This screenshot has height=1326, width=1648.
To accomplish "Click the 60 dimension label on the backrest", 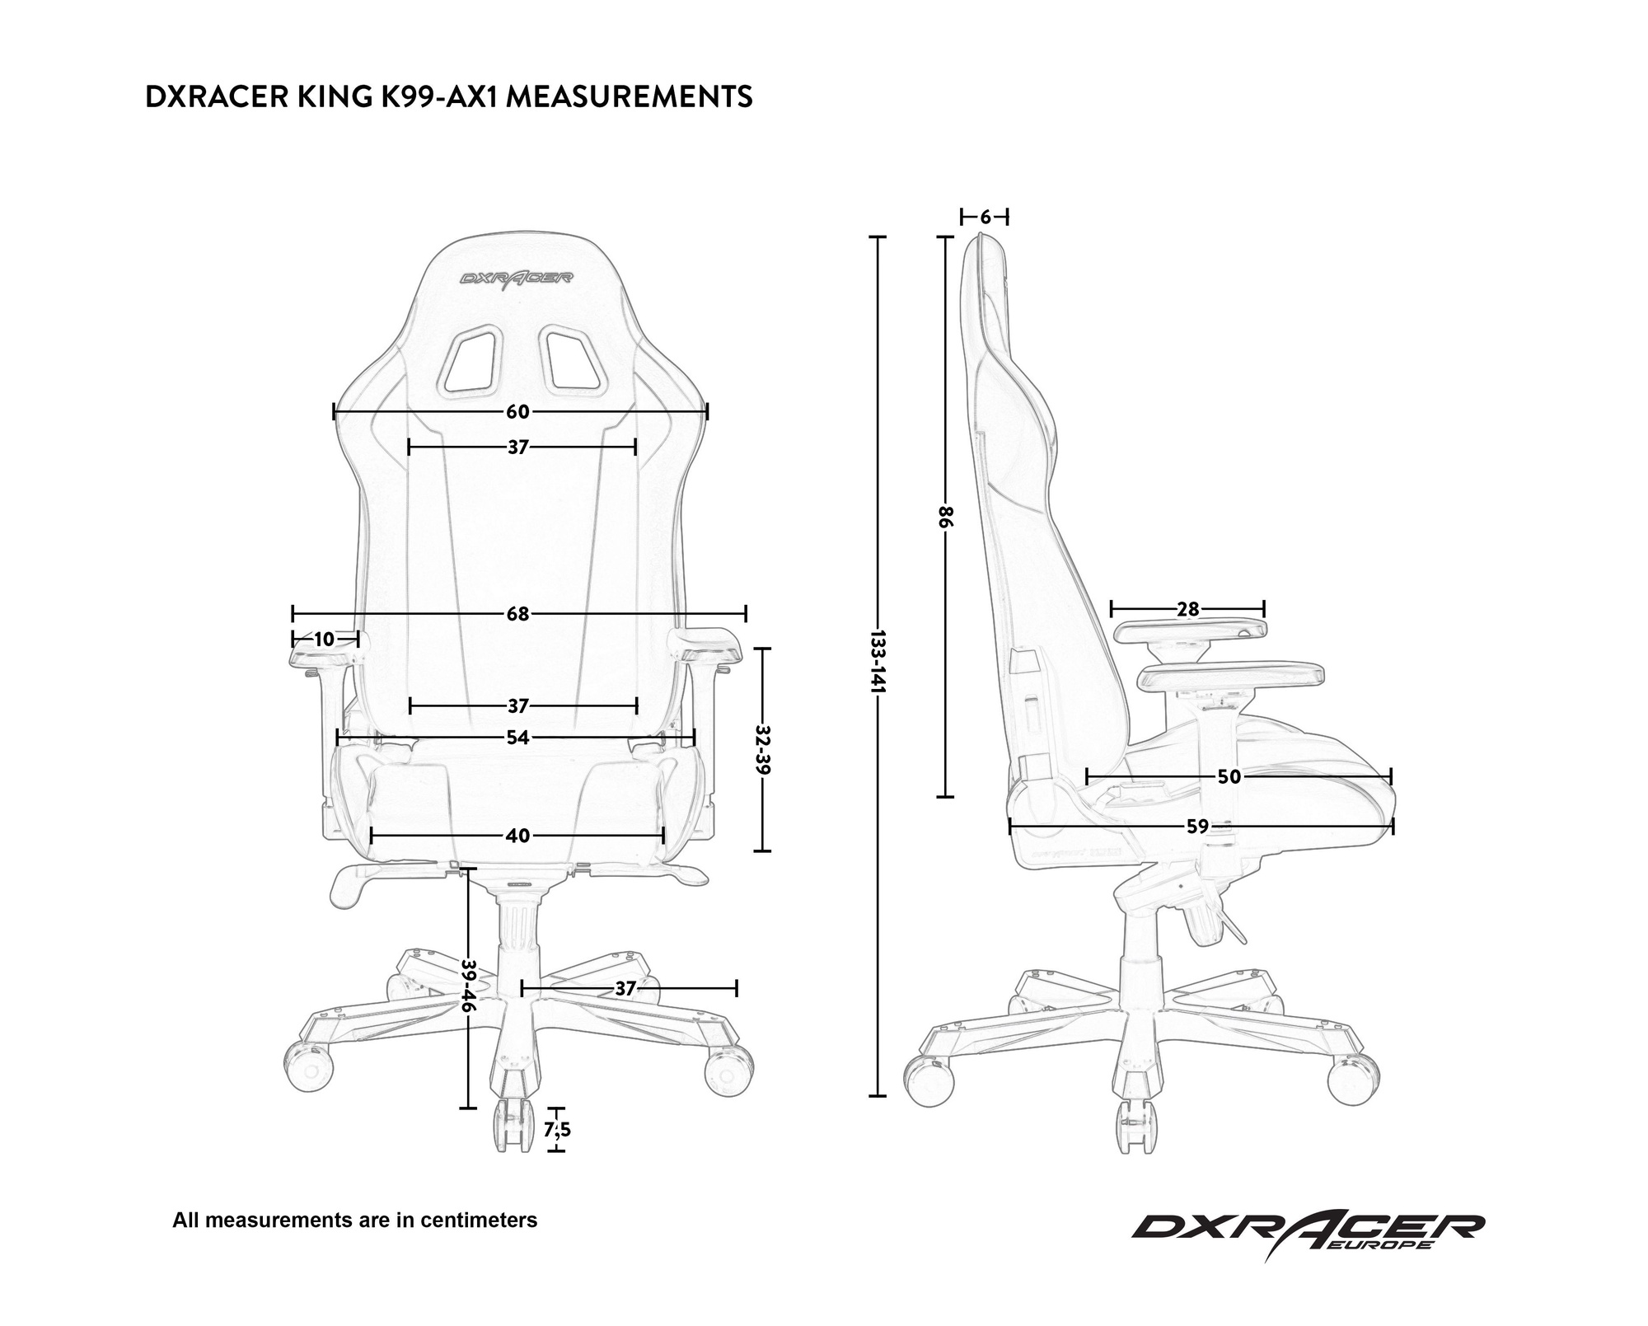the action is [x=517, y=411].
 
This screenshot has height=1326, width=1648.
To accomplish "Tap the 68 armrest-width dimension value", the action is [x=517, y=614].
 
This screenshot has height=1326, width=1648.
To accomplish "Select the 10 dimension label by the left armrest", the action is [x=324, y=640].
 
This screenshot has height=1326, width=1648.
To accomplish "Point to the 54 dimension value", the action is [x=517, y=738].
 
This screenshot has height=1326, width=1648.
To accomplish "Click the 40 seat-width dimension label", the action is [x=517, y=836].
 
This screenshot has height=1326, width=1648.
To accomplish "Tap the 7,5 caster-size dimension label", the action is [x=557, y=1130].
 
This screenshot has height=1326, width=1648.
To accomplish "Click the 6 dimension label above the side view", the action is [x=986, y=218].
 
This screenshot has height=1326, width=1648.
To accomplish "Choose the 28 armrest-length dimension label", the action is [x=1187, y=610].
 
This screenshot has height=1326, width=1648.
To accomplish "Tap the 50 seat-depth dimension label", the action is [x=1229, y=777].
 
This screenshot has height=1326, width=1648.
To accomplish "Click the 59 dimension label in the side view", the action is [x=1197, y=827].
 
